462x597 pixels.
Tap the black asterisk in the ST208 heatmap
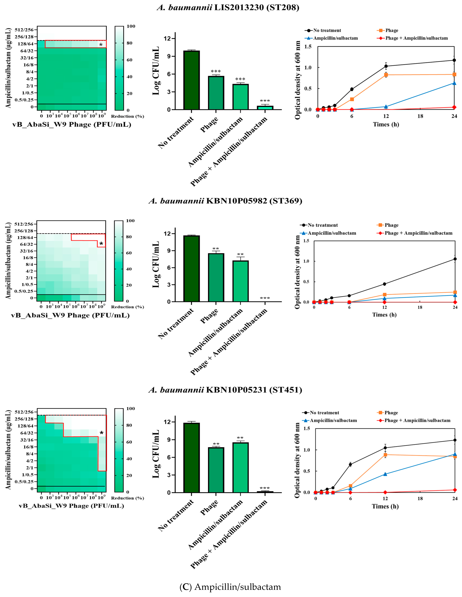click(101, 45)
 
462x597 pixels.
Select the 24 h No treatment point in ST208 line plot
click(454, 60)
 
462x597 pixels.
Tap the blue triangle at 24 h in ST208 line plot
click(454, 83)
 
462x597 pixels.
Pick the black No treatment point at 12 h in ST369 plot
click(384, 284)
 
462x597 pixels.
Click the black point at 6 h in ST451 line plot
click(350, 464)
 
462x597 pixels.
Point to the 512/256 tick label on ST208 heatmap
click(24, 30)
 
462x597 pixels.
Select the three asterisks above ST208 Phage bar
click(216, 72)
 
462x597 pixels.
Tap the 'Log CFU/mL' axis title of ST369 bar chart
click(156, 264)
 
